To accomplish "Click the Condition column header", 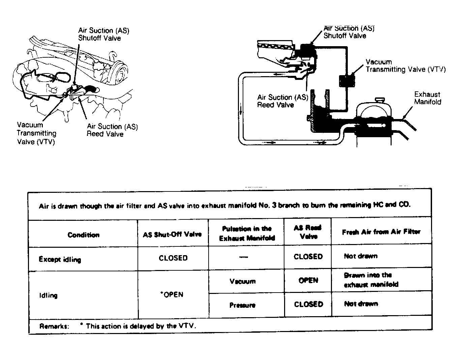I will [83, 235].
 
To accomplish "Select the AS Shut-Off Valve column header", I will [172, 234].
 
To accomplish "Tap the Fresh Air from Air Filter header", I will [381, 232].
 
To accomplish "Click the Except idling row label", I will [60, 259].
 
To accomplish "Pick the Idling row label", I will [48, 295].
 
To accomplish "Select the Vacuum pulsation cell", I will [242, 281].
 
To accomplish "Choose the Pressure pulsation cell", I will [242, 305].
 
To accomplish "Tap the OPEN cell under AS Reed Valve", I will [308, 280].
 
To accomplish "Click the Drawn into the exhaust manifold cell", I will [371, 280].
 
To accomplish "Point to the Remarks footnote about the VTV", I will [118, 326].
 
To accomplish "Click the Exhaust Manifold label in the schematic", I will [427, 98].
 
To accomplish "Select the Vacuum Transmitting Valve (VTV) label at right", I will [405, 66].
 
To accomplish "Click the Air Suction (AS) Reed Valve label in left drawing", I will [112, 130].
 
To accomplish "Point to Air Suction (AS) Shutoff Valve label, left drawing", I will [103, 34].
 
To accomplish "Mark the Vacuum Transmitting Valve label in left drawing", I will [36, 133].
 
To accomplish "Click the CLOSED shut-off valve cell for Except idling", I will [173, 258].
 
